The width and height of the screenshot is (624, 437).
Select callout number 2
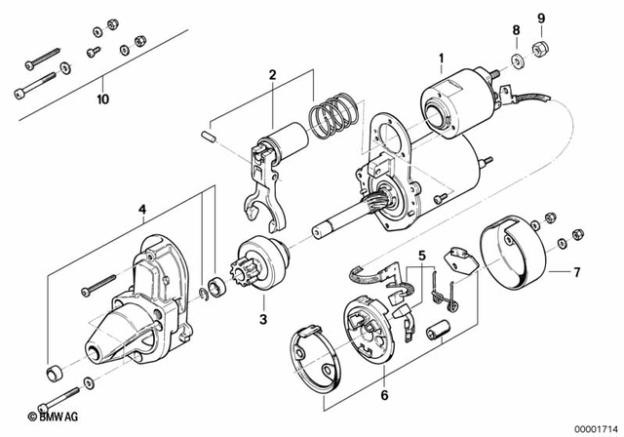(x=273, y=75)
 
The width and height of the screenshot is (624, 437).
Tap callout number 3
(x=262, y=318)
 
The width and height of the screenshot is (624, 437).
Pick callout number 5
(x=421, y=257)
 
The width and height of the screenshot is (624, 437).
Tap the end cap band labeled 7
(x=521, y=252)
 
